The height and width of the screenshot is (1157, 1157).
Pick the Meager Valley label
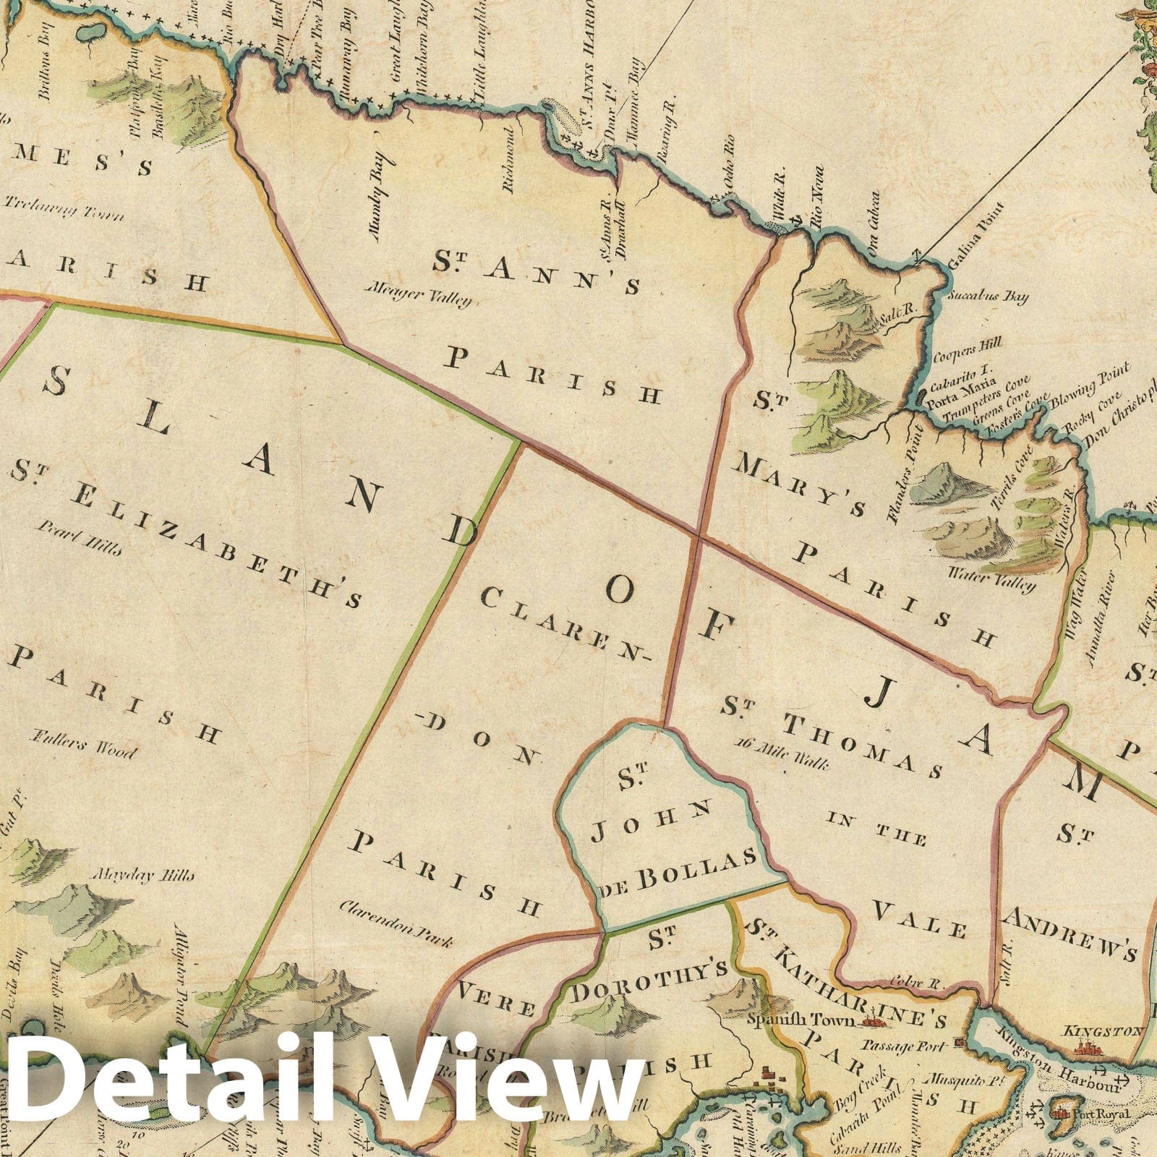click(419, 296)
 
